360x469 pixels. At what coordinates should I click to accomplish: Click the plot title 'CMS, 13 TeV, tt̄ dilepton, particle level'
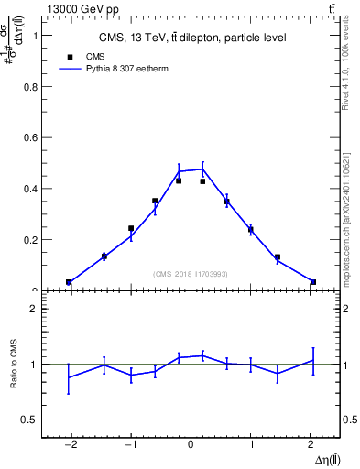(x=191, y=38)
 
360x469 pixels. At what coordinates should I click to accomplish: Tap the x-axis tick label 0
(x=191, y=443)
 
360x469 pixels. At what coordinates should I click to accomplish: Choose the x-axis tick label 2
(x=312, y=443)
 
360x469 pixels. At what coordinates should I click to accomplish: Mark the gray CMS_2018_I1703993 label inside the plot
(x=191, y=273)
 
